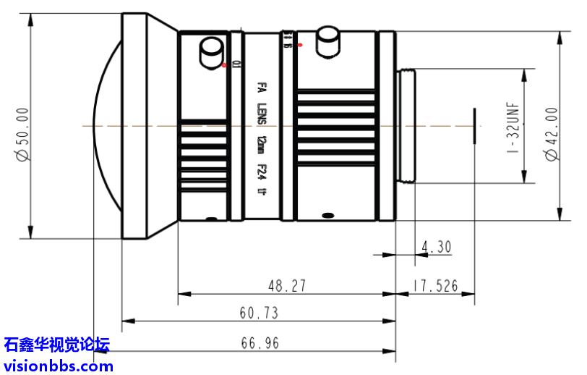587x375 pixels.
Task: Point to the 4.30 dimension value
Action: click(x=435, y=247)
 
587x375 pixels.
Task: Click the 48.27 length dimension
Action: click(x=287, y=286)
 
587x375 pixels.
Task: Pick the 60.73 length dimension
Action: click(x=259, y=313)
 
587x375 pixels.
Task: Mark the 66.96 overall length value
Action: click(x=259, y=343)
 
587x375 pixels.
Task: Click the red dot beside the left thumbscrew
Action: click(x=226, y=66)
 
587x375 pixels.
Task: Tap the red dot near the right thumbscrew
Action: click(x=300, y=45)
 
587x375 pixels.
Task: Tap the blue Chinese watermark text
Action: click(x=56, y=345)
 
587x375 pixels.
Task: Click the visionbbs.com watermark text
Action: click(x=59, y=365)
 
